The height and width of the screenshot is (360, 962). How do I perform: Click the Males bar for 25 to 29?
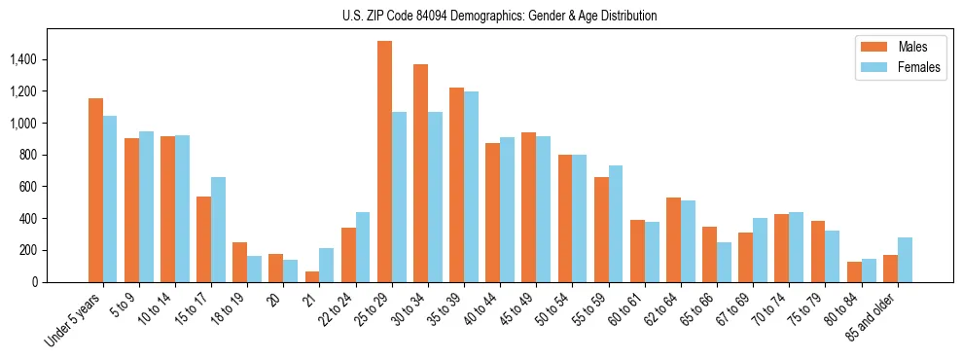(384, 162)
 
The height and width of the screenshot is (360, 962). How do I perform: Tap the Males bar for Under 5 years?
(95, 190)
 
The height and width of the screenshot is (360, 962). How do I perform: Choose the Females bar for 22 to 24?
(363, 247)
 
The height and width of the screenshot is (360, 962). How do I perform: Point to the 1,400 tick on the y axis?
(22, 59)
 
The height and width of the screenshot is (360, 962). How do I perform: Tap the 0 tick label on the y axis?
(34, 282)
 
